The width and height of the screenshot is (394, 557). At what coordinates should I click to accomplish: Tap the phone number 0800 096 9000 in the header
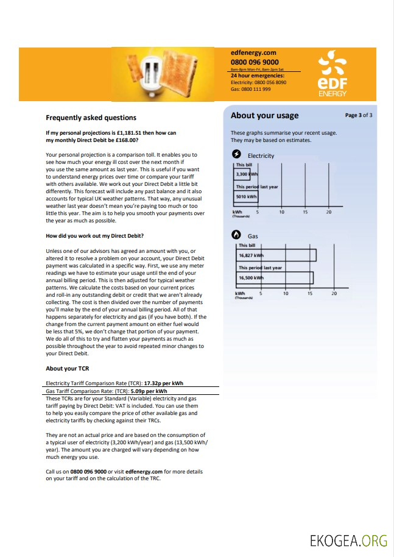point(255,62)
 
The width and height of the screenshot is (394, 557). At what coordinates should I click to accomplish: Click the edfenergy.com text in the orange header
point(253,53)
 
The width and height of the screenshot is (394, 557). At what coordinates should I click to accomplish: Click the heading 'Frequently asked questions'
point(91,118)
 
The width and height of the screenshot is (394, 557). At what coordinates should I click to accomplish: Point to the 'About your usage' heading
point(264,116)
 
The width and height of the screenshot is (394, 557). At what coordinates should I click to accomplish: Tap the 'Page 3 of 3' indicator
point(358,115)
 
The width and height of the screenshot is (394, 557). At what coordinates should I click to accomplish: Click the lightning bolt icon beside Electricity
point(237,155)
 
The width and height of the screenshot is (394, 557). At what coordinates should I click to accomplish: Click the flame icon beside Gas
point(237,235)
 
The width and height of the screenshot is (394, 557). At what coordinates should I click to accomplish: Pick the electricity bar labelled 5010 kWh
point(246,196)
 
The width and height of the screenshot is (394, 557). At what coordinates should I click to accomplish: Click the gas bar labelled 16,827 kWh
point(276,255)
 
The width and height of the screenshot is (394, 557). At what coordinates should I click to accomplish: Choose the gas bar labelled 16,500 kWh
point(274,278)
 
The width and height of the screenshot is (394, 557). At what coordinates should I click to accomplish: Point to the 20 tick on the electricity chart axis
point(329,212)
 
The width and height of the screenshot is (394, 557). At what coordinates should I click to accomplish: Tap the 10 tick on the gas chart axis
point(286,293)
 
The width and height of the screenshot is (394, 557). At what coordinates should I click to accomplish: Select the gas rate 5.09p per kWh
point(149,391)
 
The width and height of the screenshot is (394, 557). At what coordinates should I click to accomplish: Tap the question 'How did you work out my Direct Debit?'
point(94,235)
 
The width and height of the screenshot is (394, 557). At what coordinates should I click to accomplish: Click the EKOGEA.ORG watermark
point(348,541)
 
